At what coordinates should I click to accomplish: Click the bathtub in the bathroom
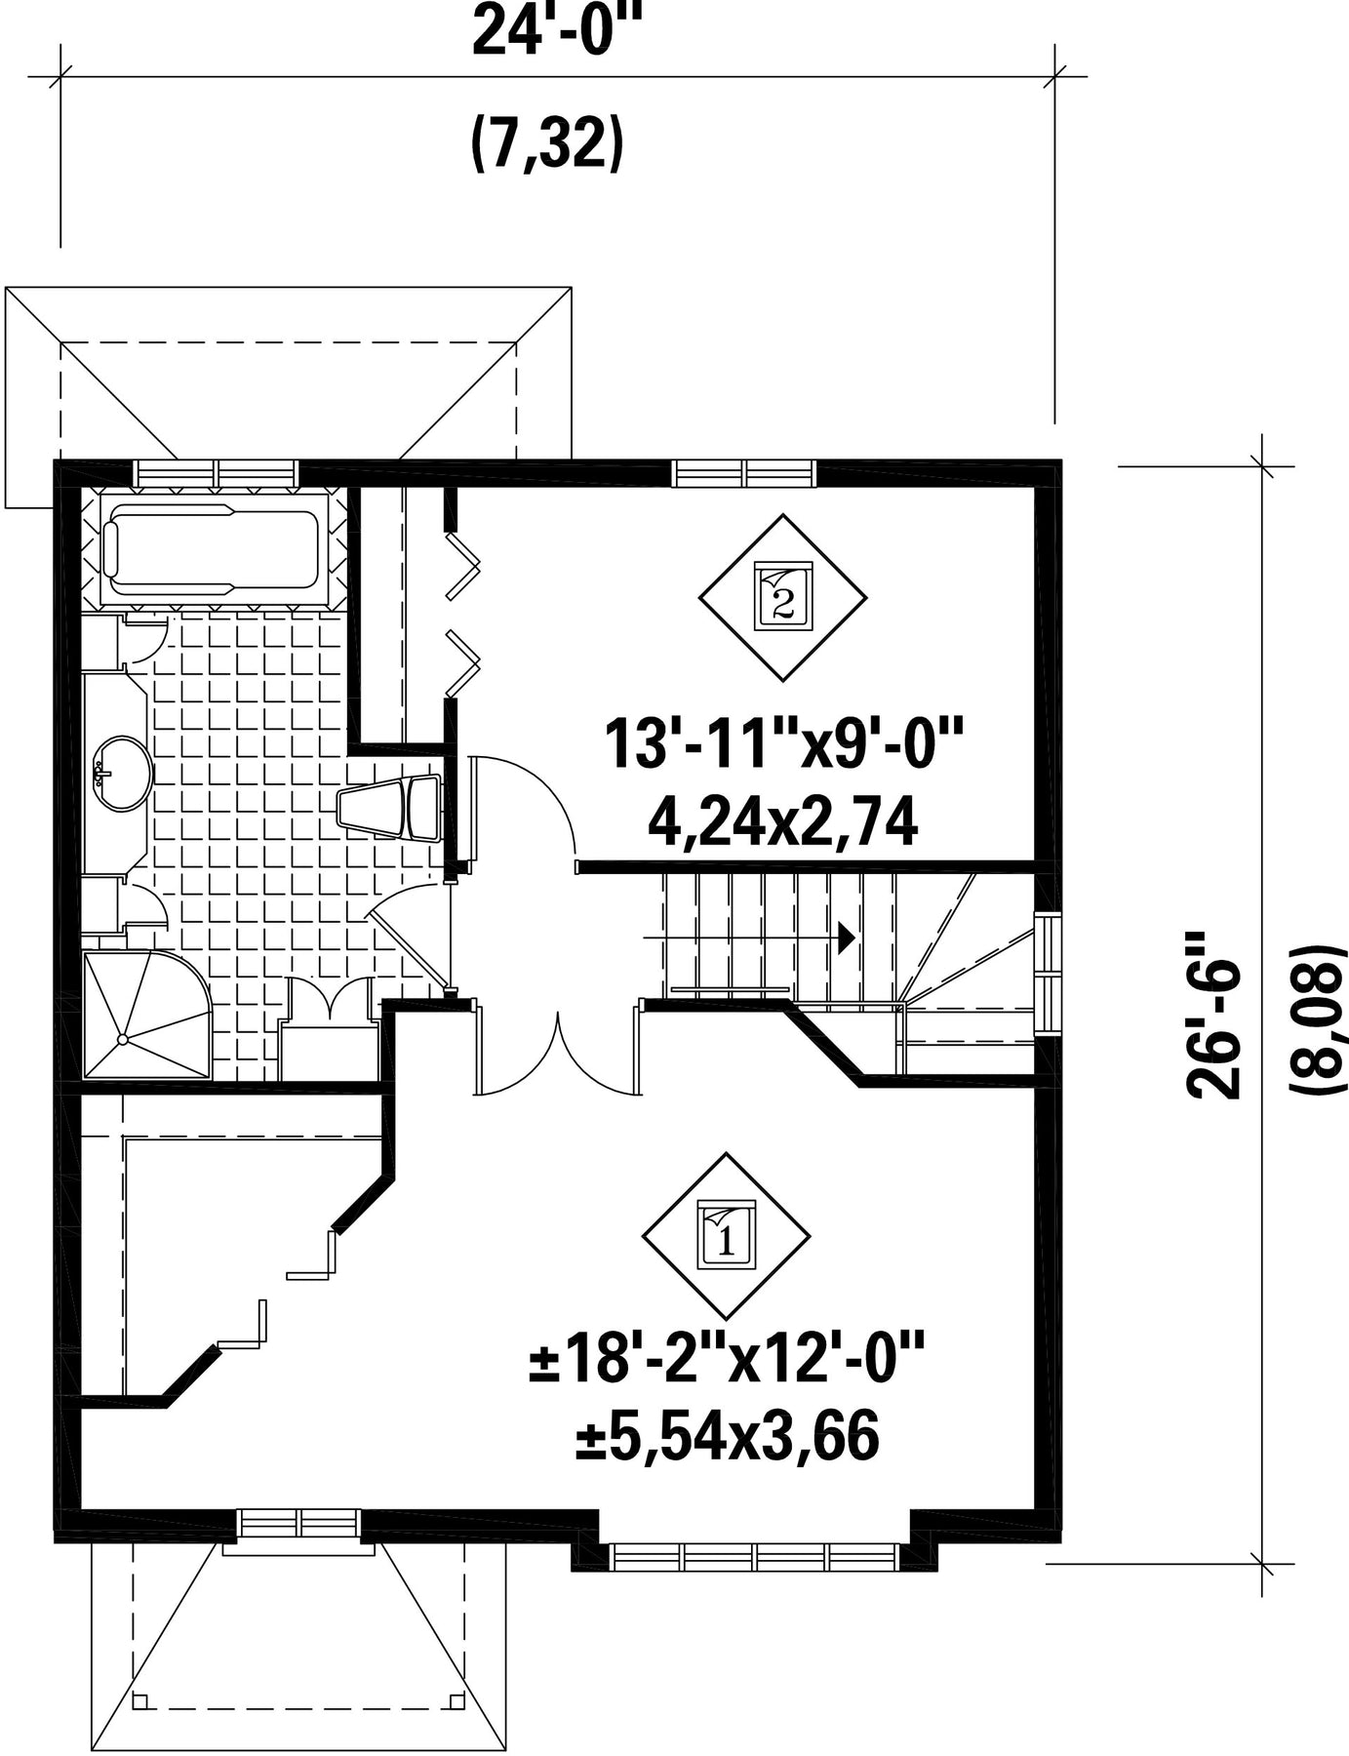pos(214,553)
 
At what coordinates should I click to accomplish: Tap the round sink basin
pos(124,773)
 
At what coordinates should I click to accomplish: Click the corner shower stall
pos(147,1016)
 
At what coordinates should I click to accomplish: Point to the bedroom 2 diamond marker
pos(782,597)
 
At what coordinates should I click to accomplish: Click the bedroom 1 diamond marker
pos(726,1236)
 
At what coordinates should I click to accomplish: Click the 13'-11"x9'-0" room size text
pos(784,743)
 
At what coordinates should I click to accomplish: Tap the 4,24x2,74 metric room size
pos(782,823)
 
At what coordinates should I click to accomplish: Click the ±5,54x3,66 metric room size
pos(727,1437)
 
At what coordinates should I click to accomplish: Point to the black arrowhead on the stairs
pos(848,938)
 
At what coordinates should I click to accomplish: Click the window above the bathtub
pos(217,473)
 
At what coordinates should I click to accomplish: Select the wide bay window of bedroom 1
pos(755,1556)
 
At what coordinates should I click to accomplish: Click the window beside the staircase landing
pos(1048,973)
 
